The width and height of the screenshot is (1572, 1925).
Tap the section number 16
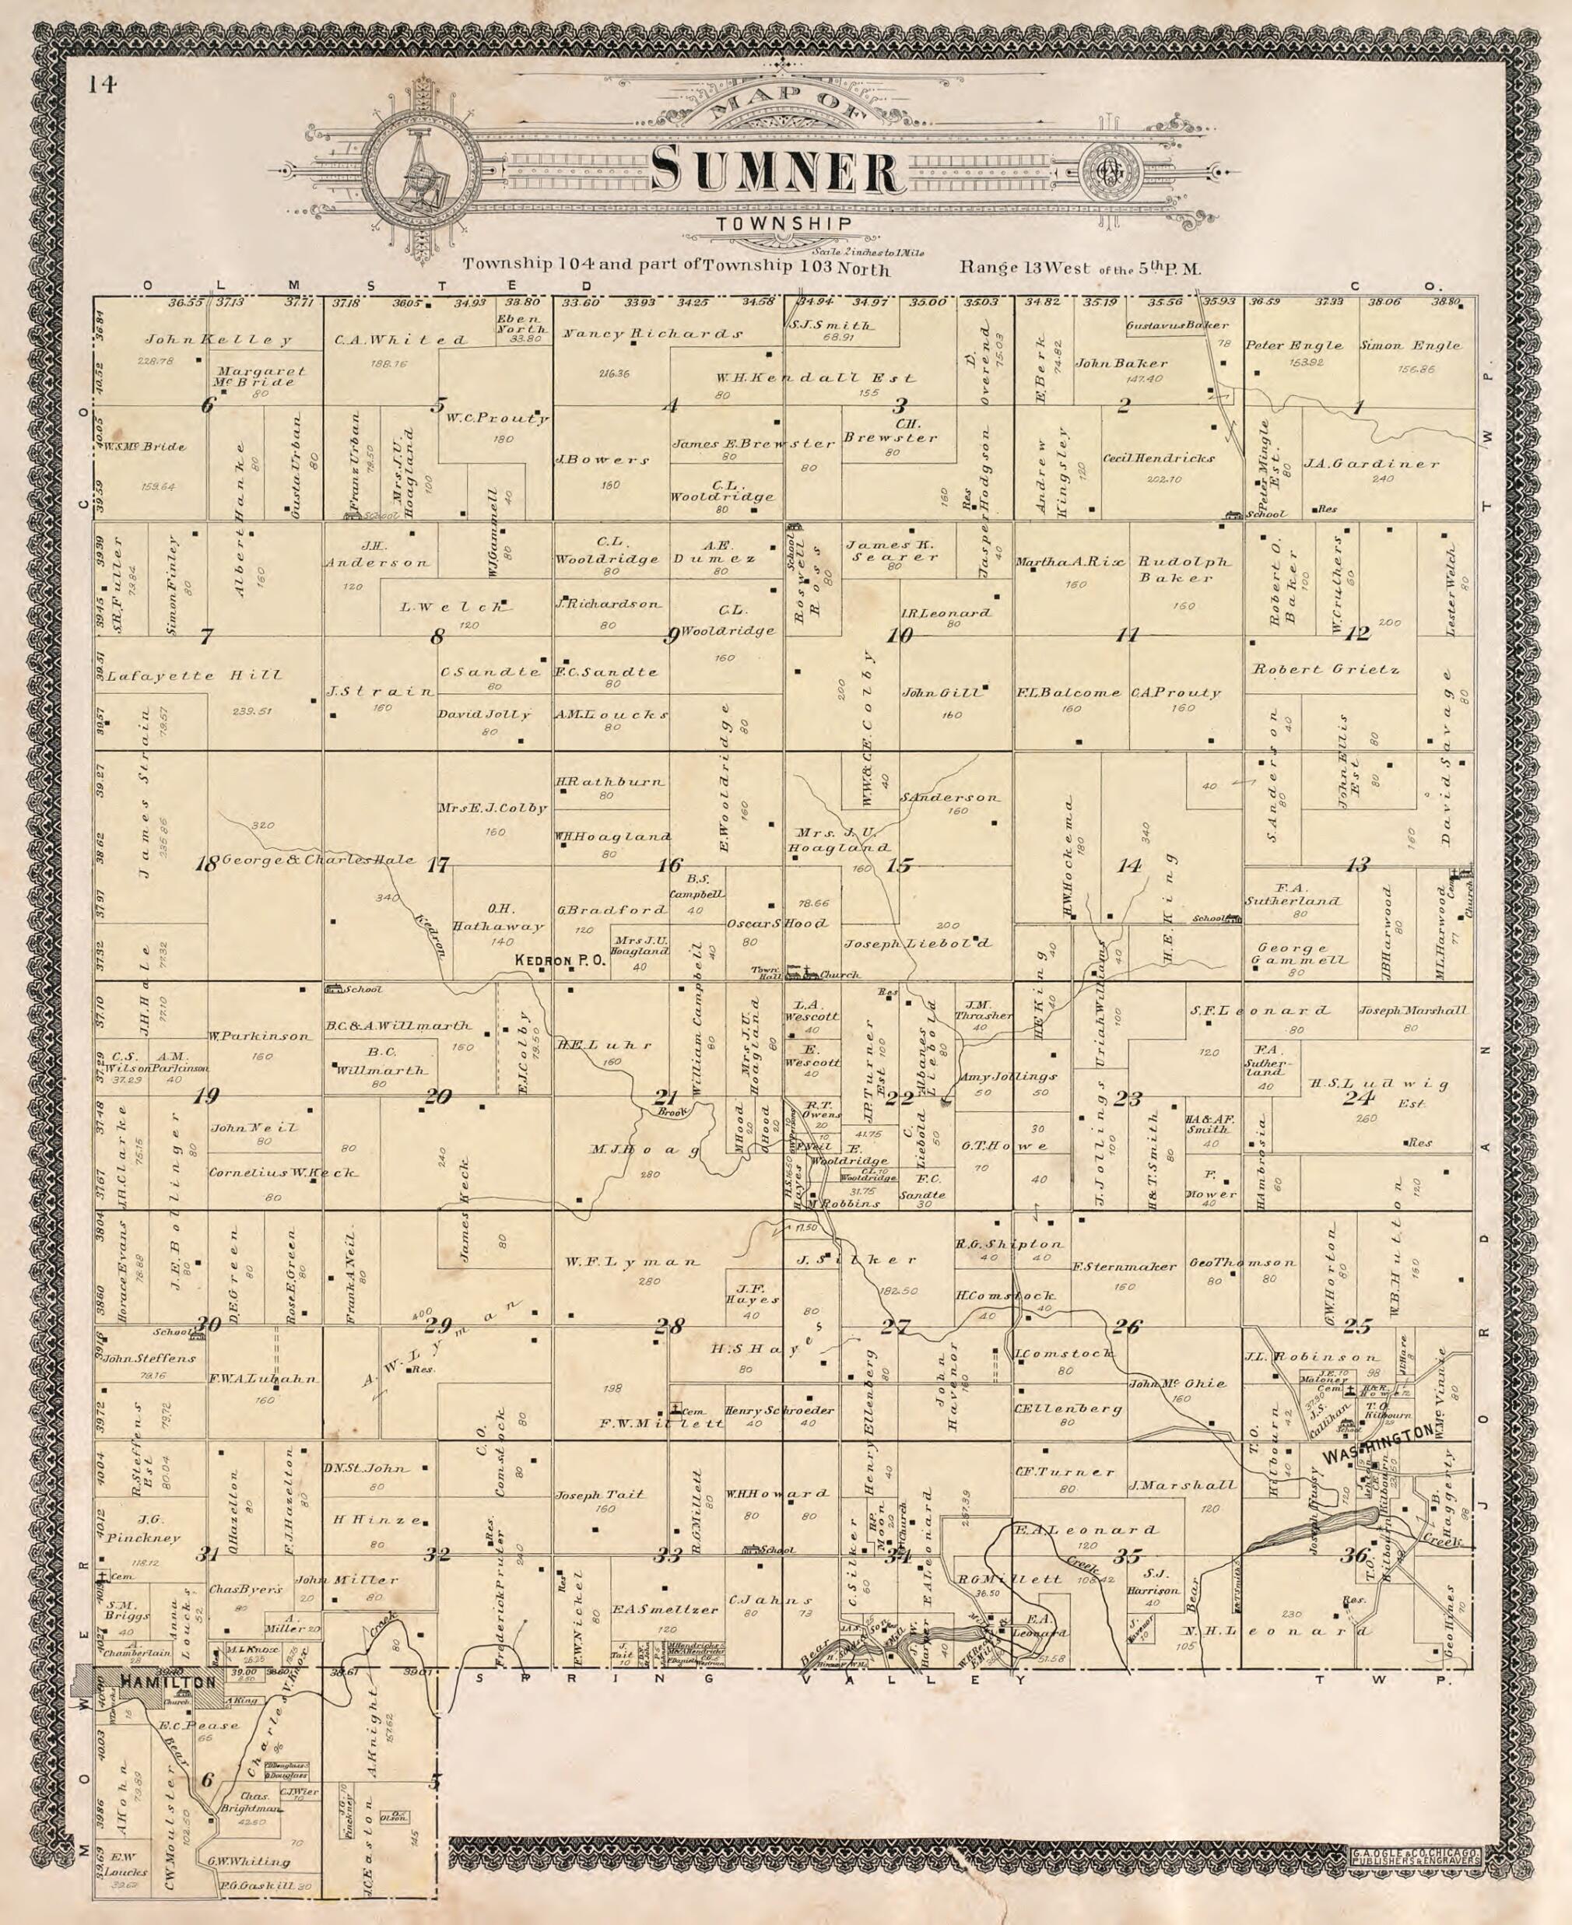(669, 865)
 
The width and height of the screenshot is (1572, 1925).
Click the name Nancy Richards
(652, 334)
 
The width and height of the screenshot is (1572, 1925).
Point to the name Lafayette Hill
(194, 675)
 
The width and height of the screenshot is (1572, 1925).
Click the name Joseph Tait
(598, 1494)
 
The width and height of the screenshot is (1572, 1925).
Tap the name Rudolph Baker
(1185, 570)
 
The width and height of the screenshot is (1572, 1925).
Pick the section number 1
(1357, 408)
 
